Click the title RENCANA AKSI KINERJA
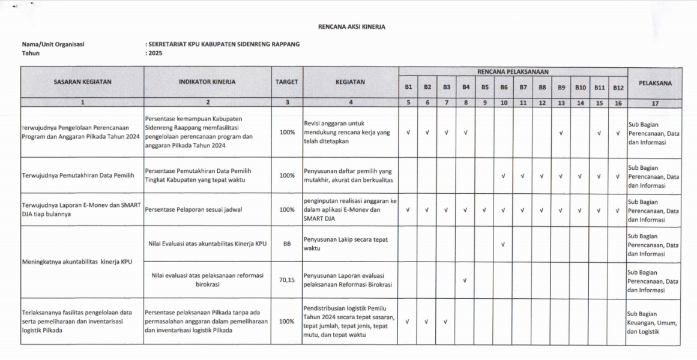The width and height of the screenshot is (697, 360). (351, 27)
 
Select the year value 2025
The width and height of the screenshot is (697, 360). (155, 53)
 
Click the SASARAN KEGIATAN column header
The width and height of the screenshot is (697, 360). (82, 82)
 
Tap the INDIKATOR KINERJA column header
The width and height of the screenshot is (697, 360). (207, 82)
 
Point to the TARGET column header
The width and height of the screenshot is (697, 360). (287, 82)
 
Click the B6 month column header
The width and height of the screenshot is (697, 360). (504, 88)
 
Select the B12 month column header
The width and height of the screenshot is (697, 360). (618, 88)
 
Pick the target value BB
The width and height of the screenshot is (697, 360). (287, 244)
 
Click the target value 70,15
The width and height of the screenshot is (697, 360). (287, 280)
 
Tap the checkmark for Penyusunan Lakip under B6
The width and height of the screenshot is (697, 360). (504, 245)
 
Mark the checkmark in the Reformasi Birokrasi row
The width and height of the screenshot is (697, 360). (465, 280)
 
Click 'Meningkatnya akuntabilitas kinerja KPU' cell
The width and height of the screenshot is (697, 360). (77, 262)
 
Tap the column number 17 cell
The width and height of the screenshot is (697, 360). (655, 103)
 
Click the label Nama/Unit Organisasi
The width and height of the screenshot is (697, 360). (53, 44)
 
